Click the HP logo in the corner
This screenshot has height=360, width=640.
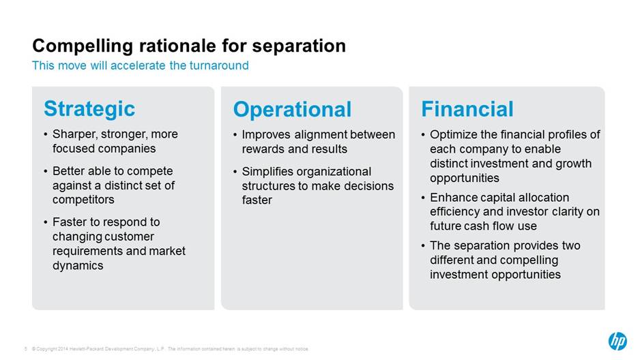pyautogui.click(x=617, y=340)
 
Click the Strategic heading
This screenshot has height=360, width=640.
pyautogui.click(x=89, y=109)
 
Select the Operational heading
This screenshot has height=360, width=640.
pyautogui.click(x=292, y=109)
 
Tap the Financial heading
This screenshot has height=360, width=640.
pyautogui.click(x=467, y=109)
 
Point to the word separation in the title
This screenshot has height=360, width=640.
pyautogui.click(x=299, y=46)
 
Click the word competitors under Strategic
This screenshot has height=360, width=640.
pyautogui.click(x=83, y=200)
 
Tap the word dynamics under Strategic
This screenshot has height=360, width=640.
pyautogui.click(x=78, y=265)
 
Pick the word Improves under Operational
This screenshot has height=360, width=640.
pyautogui.click(x=266, y=134)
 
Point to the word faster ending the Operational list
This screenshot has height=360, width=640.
pyautogui.click(x=257, y=200)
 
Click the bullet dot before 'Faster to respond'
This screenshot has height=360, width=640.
pyautogui.click(x=46, y=222)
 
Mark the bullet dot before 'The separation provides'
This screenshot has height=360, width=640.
pyautogui.click(x=423, y=246)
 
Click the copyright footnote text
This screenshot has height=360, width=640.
pyautogui.click(x=170, y=349)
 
